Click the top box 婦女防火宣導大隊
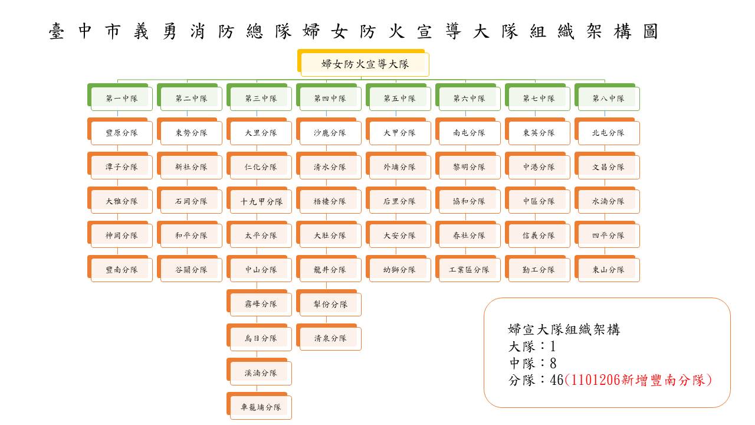363,63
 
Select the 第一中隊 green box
120,97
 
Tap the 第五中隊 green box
398,97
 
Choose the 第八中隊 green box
608,97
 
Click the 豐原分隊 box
120,132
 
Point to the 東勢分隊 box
190,132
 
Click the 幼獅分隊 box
398,269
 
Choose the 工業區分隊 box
468,269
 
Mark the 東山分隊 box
608,269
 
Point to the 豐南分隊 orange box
120,269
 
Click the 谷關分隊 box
190,269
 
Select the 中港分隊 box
538,166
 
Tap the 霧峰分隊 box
259,303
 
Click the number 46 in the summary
557,380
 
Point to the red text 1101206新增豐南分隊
638,380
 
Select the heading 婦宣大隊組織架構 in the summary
564,329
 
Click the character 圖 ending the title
651,31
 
